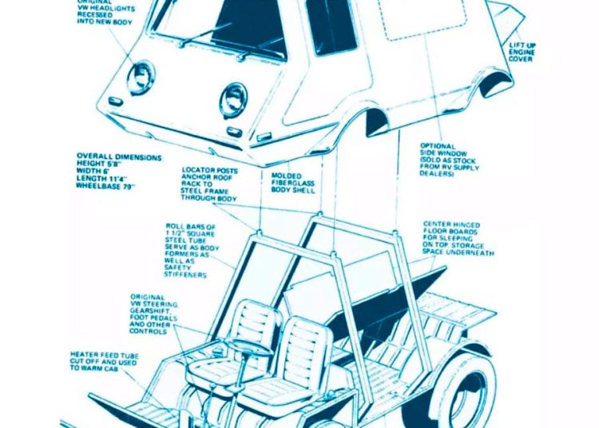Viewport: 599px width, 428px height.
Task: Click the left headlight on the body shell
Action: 141,77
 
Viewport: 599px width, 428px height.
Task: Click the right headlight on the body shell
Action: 233,99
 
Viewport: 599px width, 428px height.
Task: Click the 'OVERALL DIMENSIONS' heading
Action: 119,157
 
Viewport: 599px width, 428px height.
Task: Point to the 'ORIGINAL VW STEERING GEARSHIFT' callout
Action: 154,313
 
